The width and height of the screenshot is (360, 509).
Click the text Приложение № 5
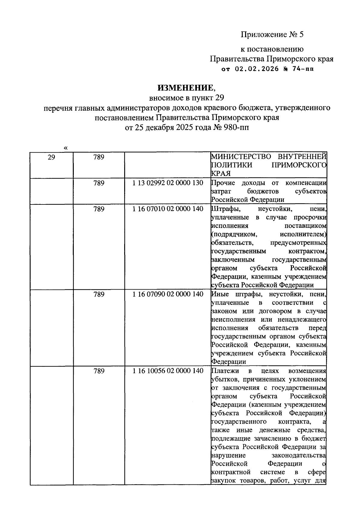(272, 35)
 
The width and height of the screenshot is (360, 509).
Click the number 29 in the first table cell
(51, 157)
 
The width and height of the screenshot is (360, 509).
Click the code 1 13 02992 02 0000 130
(168, 183)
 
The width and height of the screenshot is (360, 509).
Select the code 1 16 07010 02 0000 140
(168, 209)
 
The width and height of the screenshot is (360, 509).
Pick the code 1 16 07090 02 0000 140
(168, 294)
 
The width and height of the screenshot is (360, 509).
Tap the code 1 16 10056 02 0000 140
(168, 371)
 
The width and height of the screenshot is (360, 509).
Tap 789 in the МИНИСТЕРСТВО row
(99, 157)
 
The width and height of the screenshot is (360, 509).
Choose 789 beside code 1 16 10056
(99, 371)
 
